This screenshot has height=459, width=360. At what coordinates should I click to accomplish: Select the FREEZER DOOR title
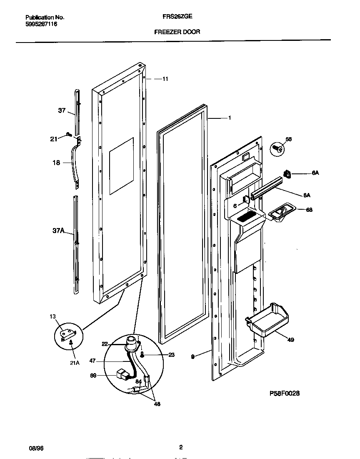click(177, 32)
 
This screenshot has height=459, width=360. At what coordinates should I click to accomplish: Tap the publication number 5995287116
click(41, 25)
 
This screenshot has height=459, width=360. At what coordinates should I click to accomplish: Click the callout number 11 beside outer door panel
click(165, 79)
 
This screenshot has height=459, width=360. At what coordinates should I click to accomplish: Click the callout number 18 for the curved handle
click(56, 163)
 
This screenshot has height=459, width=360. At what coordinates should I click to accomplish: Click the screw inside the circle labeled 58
click(277, 148)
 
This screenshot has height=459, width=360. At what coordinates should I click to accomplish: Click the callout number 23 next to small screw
click(160, 355)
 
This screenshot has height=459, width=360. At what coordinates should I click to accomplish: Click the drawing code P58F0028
click(285, 393)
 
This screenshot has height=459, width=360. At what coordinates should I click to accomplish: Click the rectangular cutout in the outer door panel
click(121, 166)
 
